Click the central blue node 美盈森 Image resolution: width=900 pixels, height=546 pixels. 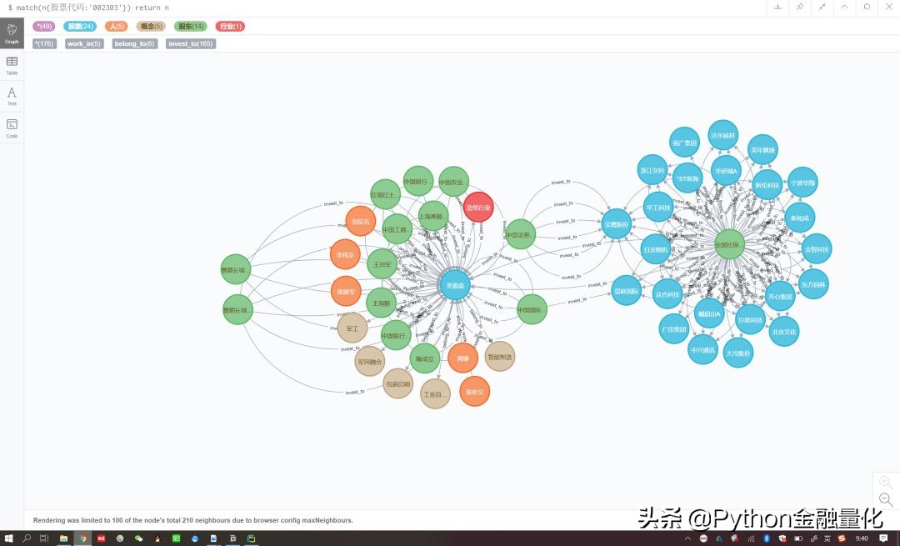pos(455,285)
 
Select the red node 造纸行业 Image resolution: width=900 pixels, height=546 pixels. pos(478,207)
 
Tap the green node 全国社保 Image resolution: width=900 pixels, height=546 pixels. pos(729,244)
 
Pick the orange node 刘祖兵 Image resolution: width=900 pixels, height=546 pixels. pos(361,222)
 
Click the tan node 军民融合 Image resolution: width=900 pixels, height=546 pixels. pos(369,362)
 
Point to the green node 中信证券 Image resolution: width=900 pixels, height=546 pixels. pos(518,235)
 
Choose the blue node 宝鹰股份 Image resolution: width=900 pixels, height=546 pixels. pos(617,223)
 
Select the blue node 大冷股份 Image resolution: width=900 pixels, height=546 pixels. pos(738,353)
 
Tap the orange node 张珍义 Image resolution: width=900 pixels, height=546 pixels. pos(475,391)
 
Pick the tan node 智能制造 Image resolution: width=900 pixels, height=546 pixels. pos(500,356)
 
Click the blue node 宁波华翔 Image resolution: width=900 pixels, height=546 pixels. pos(803,182)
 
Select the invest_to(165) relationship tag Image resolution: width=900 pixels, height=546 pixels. pos(191,43)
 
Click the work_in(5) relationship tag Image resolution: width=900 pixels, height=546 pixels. pos(84,43)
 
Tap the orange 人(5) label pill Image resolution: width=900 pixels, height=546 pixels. pos(116,27)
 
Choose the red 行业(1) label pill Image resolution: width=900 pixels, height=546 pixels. pos(230,27)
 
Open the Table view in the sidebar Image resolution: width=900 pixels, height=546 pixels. pos(12,65)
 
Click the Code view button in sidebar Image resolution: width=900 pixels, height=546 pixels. pos(12,128)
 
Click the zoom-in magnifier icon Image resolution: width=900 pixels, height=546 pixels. pos(886,482)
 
